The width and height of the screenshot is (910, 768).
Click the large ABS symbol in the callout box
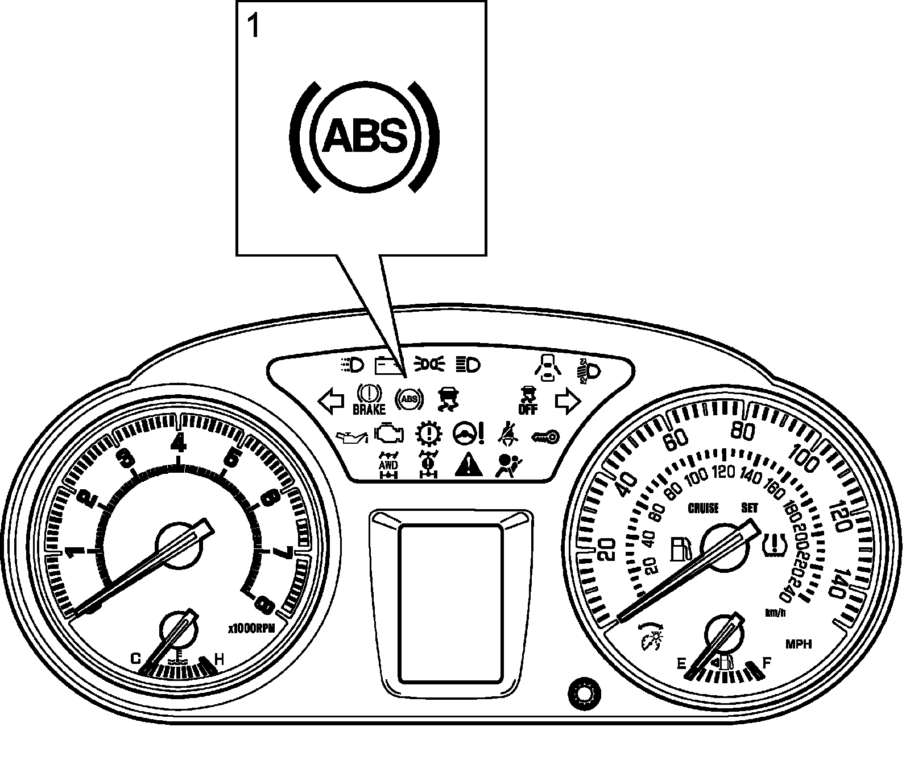[x=365, y=137]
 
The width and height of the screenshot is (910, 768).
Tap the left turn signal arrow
[x=331, y=402]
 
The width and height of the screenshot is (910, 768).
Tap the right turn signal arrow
[x=568, y=402]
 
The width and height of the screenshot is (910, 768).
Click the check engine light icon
[x=389, y=434]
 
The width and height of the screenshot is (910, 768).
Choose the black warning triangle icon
[x=469, y=465]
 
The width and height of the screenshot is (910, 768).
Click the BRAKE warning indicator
[x=369, y=400]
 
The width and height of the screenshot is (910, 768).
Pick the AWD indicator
[x=389, y=465]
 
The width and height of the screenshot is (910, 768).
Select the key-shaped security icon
[x=545, y=436]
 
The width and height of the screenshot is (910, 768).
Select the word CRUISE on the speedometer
[x=703, y=508]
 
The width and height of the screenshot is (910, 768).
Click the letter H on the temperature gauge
[x=219, y=659]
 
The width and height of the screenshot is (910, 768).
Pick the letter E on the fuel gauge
[x=681, y=663]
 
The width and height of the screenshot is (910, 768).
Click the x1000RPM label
[x=251, y=629]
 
